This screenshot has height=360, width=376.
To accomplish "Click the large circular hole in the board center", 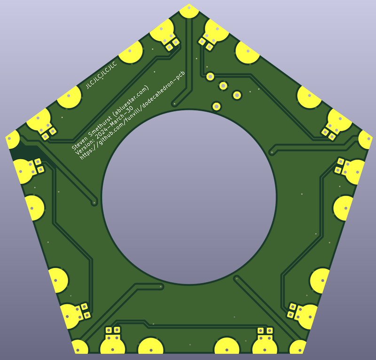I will (188, 197).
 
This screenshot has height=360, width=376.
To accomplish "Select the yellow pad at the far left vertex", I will (11, 140).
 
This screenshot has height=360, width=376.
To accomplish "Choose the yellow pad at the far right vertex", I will (366, 139).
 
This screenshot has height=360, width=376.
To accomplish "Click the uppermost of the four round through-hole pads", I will (211, 76).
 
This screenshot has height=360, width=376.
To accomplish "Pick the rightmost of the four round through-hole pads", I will (237, 96).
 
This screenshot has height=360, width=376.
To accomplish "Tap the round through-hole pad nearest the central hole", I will (216, 106).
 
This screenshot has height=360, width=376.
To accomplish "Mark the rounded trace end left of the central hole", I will (94, 203).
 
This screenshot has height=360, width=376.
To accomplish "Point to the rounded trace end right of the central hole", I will (272, 152).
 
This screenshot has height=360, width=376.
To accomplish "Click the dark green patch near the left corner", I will (21, 153).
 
